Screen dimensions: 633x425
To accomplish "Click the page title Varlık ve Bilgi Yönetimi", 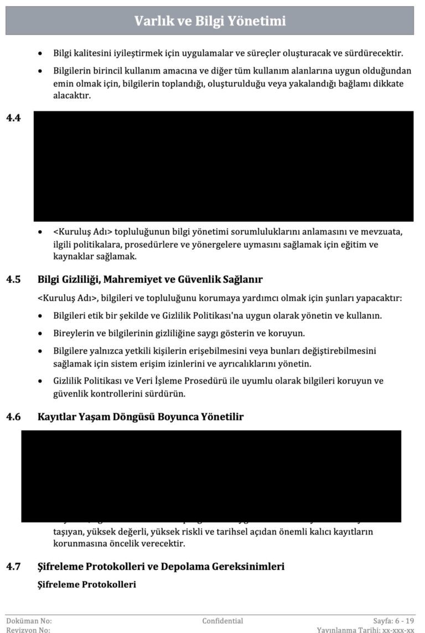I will pyautogui.click(x=210, y=21).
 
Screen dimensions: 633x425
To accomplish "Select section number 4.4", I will pyautogui.click(x=13, y=118).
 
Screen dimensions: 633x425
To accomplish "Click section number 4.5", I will pyautogui.click(x=13, y=279).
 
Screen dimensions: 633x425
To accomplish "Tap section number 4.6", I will pyautogui.click(x=13, y=417).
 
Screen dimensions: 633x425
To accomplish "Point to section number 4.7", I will pyautogui.click(x=13, y=567).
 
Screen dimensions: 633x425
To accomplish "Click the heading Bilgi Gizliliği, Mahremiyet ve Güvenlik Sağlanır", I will pyautogui.click(x=150, y=279).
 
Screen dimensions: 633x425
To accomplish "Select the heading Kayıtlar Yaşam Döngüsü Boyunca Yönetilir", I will pyautogui.click(x=141, y=417).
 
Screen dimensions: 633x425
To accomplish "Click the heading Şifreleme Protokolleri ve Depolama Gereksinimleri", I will pyautogui.click(x=161, y=567).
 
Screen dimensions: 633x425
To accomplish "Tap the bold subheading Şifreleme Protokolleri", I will pyautogui.click(x=87, y=584).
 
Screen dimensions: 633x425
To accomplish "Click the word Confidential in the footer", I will pyautogui.click(x=222, y=621).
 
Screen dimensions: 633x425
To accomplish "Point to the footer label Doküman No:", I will pyautogui.click(x=29, y=621).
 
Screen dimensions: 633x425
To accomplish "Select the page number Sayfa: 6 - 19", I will pyautogui.click(x=393, y=621).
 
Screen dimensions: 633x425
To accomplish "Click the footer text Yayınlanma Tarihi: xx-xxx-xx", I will pyautogui.click(x=365, y=630).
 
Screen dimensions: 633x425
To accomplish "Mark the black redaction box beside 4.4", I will pyautogui.click(x=224, y=166).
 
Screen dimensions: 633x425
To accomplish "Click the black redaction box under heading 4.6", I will pyautogui.click(x=211, y=476).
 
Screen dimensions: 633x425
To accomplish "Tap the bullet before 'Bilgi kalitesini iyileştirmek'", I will pyautogui.click(x=40, y=54).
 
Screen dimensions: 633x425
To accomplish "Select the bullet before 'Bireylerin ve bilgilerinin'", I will pyautogui.click(x=40, y=334).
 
